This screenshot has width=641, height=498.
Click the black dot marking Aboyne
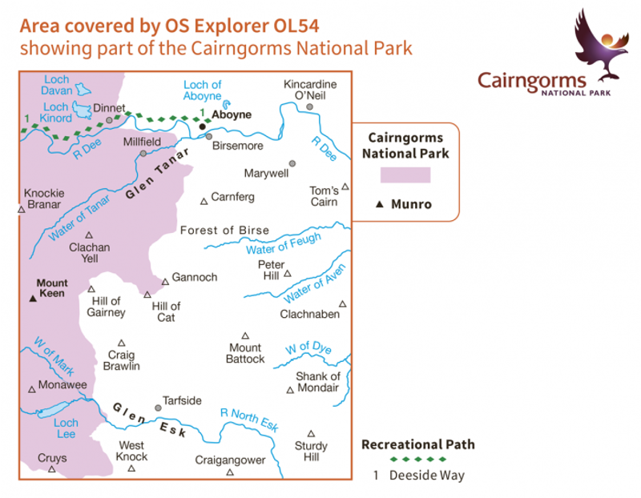(x=203, y=127)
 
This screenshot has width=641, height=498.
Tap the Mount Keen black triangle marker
(x=33, y=298)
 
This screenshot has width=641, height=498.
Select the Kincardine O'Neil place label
(x=310, y=90)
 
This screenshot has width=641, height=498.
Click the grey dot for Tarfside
(x=158, y=408)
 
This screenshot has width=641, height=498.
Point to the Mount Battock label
(x=245, y=353)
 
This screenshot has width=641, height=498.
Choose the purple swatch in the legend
(x=405, y=175)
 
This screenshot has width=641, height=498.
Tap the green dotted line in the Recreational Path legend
(x=414, y=460)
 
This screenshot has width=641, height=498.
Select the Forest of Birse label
(x=224, y=231)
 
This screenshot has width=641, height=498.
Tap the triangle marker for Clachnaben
(x=342, y=303)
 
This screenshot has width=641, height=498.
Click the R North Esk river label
(x=249, y=420)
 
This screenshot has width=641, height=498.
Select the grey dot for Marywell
(x=292, y=163)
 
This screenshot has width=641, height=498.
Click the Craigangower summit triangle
(x=230, y=472)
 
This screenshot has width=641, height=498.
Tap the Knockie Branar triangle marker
(x=22, y=210)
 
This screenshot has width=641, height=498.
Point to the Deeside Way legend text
(x=426, y=475)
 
